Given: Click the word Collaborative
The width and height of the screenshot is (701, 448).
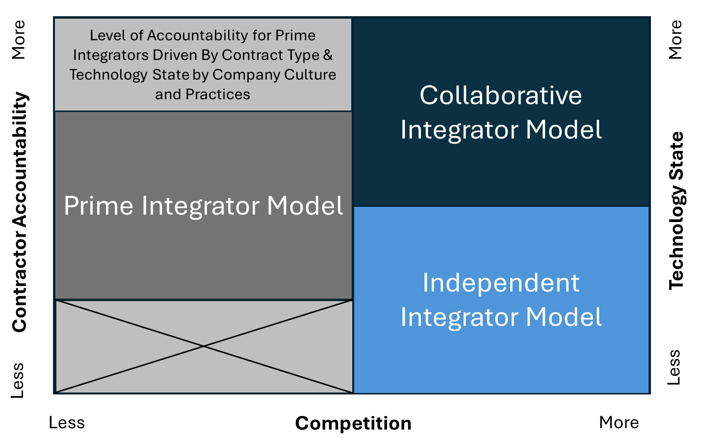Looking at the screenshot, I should coord(500,95).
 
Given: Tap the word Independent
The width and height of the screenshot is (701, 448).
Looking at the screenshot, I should coord(501,283).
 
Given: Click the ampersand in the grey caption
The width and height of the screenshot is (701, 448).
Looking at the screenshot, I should coord(328,55).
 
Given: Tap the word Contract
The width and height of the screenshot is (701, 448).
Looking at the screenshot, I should coord(245,55).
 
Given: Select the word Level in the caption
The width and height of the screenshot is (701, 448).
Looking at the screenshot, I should coord(104,35).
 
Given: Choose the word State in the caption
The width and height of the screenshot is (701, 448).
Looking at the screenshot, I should coord(171,75).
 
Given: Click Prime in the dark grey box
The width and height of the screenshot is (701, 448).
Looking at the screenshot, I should coord(99,205).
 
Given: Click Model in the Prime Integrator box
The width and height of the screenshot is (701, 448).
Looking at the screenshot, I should coord(305,205).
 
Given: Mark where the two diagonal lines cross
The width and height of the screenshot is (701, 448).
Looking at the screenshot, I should coord(204,346).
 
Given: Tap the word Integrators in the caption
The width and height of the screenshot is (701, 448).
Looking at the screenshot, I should coord(111,55).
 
